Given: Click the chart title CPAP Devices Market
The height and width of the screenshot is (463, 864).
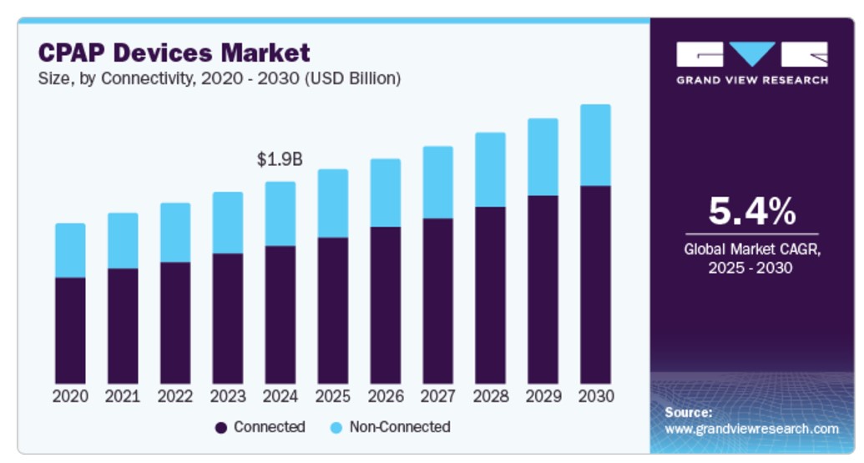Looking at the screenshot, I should pos(174,53).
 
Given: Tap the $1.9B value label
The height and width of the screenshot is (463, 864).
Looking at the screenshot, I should pos(280,159).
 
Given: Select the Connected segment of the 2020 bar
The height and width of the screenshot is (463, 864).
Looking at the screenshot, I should pos(70,330).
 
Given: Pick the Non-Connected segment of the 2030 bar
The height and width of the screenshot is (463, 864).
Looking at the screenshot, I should pos(595,145).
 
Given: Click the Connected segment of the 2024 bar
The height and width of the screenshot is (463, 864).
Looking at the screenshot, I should pos(280,315).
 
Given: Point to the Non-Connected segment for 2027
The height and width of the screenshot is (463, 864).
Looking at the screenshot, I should pos(437,183).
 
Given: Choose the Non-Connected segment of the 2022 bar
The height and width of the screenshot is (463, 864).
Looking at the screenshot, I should pos(175,233).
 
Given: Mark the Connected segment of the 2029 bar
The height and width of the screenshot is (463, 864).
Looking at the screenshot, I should pos(543,289).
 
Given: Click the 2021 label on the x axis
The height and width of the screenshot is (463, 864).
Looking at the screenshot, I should pos(123,396).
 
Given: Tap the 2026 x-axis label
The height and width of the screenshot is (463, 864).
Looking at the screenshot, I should pos(385,396).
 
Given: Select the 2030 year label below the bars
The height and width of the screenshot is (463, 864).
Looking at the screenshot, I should pos(595,396).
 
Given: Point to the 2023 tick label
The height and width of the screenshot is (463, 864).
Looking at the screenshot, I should pos(228,396).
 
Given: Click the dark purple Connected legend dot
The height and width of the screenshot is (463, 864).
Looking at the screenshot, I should pos(221,428).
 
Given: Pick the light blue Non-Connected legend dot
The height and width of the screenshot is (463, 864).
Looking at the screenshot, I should pos(336,428).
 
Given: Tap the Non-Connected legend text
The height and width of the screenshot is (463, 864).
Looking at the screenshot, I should pos(399,427).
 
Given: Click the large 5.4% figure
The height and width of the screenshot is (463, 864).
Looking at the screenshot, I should pos(751,212).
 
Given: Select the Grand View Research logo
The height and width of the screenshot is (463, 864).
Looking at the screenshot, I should pos(751,63).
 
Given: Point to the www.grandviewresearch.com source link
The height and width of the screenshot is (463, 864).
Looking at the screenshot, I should pos(751,429).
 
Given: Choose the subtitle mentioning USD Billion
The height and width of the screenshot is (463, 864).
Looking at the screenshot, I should pos(220,79).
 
